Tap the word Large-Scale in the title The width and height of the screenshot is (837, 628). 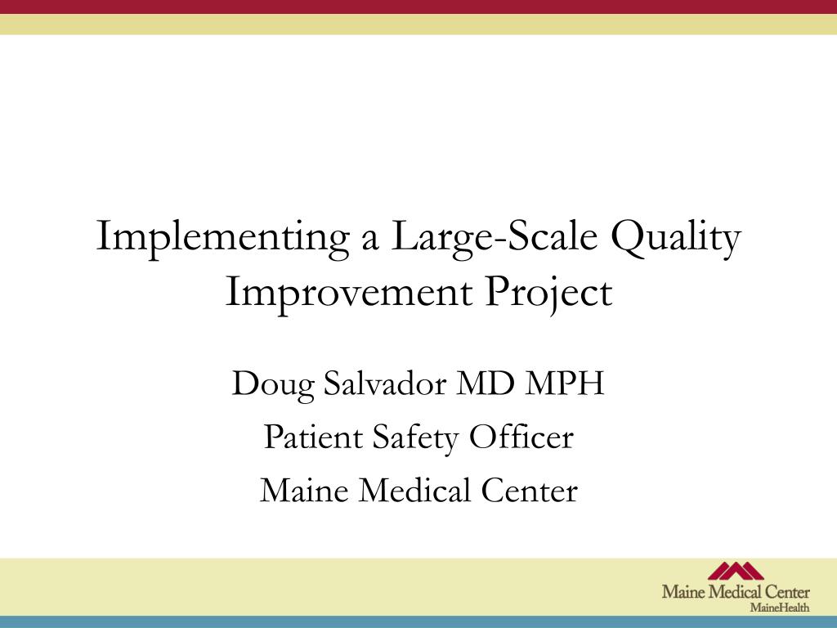tap(494, 238)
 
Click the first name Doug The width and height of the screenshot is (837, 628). tap(273, 384)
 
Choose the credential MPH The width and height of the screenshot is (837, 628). tap(565, 383)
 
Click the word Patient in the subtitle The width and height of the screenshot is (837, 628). tap(313, 437)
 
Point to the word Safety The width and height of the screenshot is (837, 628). tap(415, 439)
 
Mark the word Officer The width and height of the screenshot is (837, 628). tap(521, 437)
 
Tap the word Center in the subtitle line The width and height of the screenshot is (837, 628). tap(529, 491)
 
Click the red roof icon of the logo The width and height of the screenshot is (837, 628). tap(736, 571)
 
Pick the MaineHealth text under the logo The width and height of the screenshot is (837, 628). tap(780, 608)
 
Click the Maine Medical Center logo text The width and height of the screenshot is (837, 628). tap(736, 592)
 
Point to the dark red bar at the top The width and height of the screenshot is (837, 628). tap(418, 7)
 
